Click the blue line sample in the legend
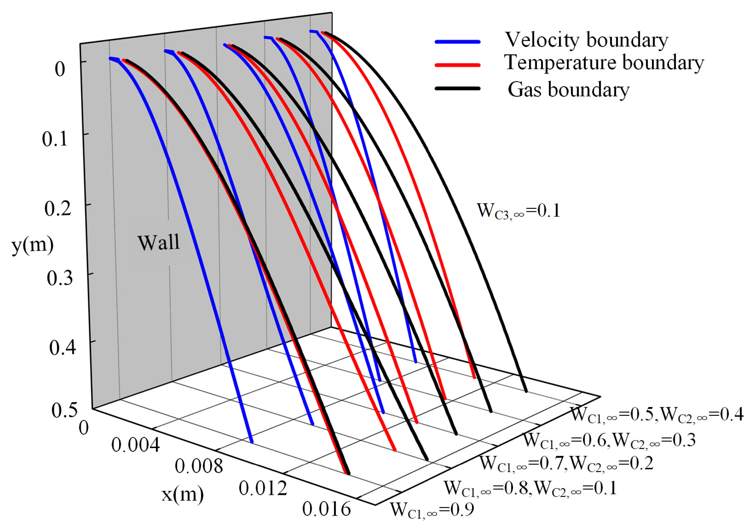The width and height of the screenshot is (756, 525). [457, 42]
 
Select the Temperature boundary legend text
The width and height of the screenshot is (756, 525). [604, 63]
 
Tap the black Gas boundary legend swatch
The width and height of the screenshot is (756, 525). [457, 88]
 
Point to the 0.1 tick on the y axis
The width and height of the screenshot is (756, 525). [55, 139]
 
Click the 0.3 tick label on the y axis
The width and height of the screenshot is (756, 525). [60, 278]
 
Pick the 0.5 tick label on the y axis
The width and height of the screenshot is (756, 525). [64, 410]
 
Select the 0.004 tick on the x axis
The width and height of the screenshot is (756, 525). [136, 445]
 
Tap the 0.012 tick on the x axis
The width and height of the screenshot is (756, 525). [263, 488]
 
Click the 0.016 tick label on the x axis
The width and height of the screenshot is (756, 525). [327, 509]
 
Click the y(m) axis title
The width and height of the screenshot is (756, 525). [33, 245]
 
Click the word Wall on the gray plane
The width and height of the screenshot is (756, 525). [159, 242]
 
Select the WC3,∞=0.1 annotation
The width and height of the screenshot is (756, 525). [518, 211]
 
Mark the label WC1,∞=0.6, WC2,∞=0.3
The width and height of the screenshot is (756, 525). [609, 440]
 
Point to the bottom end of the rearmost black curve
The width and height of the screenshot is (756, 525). [526, 391]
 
